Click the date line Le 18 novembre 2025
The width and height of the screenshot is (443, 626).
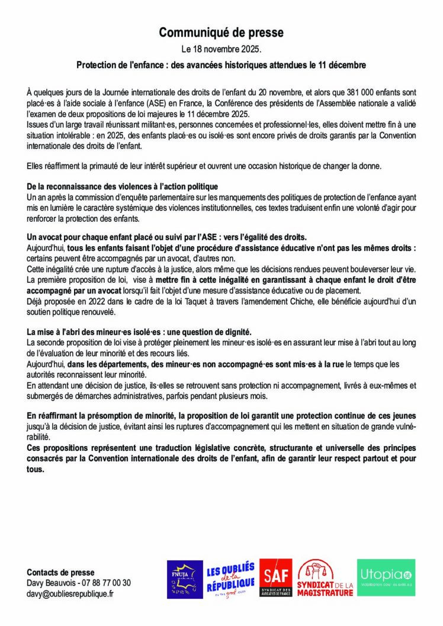pyautogui.click(x=221, y=49)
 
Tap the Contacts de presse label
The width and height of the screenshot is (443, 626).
pyautogui.click(x=60, y=572)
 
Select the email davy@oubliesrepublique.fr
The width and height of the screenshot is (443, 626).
pyautogui.click(x=70, y=593)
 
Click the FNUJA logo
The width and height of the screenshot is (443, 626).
pyautogui.click(x=184, y=578)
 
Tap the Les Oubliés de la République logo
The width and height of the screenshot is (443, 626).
pyautogui.click(x=230, y=578)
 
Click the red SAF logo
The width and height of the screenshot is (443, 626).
pyautogui.click(x=276, y=578)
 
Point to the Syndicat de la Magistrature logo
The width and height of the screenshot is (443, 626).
pyautogui.click(x=325, y=578)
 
